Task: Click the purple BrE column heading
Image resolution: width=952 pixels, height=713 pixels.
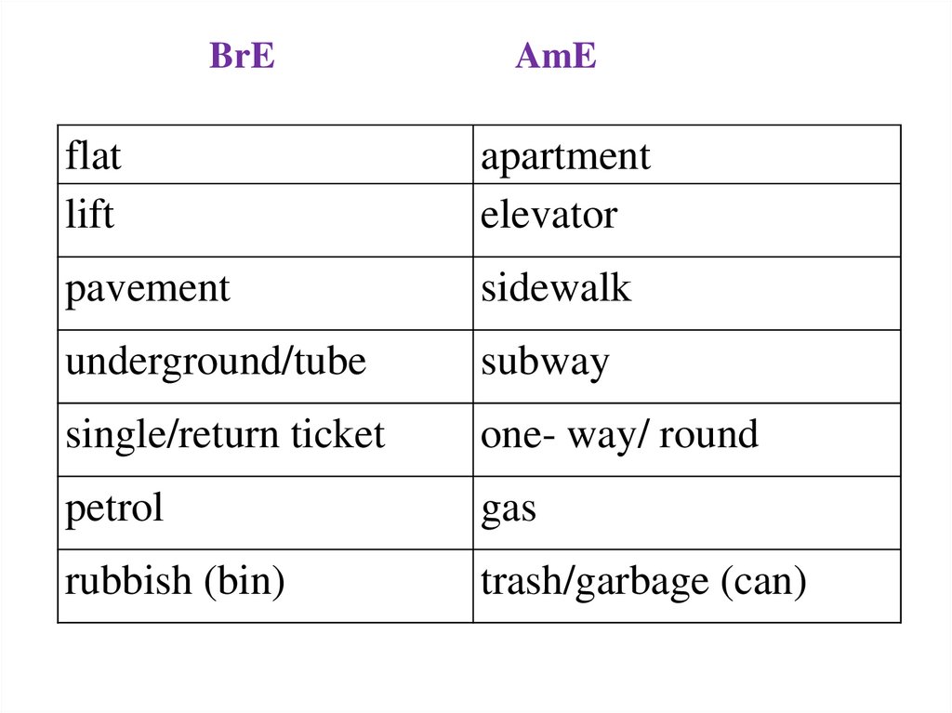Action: [x=243, y=58]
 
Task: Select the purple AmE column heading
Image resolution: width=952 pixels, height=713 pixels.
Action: [x=555, y=58]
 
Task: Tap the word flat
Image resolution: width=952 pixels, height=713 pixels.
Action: [x=93, y=156]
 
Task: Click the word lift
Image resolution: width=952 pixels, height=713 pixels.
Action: [x=89, y=215]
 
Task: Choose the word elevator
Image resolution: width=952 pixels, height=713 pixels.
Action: [x=549, y=216]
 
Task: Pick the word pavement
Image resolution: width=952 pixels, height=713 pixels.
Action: [x=147, y=289]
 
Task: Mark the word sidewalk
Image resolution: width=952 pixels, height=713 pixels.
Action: [x=556, y=288]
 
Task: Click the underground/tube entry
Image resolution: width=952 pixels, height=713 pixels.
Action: [x=216, y=363]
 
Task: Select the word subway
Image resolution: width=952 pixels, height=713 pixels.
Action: [x=545, y=363]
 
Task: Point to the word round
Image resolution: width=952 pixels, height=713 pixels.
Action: [x=708, y=434]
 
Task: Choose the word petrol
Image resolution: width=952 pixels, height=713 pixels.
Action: [x=113, y=508]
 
